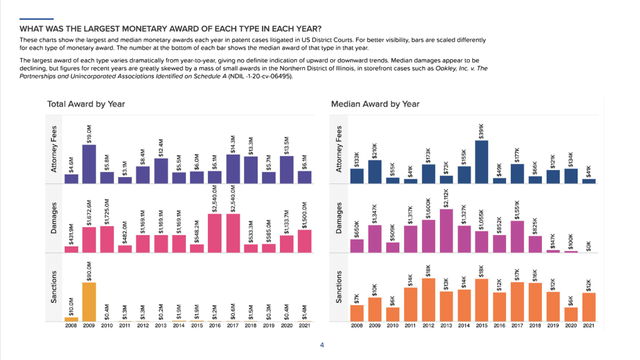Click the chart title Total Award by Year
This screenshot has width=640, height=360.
pyautogui.click(x=86, y=104)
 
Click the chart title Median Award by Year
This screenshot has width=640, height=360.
pyautogui.click(x=375, y=104)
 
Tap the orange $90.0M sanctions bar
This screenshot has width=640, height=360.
pyautogui.click(x=89, y=302)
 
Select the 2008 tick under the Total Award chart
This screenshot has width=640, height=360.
pyautogui.click(x=71, y=326)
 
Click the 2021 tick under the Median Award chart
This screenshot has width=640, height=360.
pyautogui.click(x=589, y=326)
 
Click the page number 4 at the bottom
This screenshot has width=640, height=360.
pyautogui.click(x=322, y=345)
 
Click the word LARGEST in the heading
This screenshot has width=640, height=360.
pyautogui.click(x=104, y=28)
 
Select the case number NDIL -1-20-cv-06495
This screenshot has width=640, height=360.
pyautogui.click(x=260, y=76)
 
